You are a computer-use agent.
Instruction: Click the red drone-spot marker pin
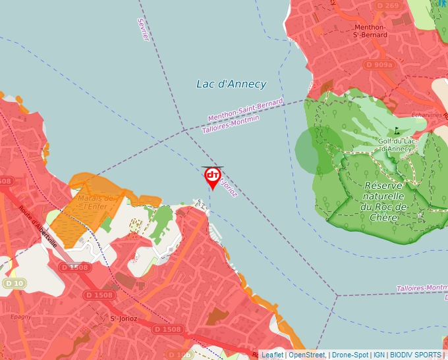pyautogui.click(x=213, y=176)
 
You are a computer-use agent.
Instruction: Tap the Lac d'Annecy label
pyautogui.click(x=231, y=84)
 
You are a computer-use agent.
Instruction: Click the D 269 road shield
pyautogui.click(x=389, y=6)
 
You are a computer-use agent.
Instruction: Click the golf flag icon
pyautogui.click(x=397, y=130)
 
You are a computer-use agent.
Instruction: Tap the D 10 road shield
pyautogui.click(x=13, y=283)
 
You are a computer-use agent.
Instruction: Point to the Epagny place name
pyautogui.click(x=21, y=317)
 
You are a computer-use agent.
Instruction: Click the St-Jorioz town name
pyautogui.click(x=122, y=319)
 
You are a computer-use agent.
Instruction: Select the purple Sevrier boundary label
pyautogui.click(x=144, y=30)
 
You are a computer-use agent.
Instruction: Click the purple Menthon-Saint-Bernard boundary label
pyautogui.click(x=245, y=109)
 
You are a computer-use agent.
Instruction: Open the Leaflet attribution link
pyautogui.click(x=272, y=355)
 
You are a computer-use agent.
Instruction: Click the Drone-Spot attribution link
pyautogui.click(x=349, y=355)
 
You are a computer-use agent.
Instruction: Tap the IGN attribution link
pyautogui.click(x=379, y=355)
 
